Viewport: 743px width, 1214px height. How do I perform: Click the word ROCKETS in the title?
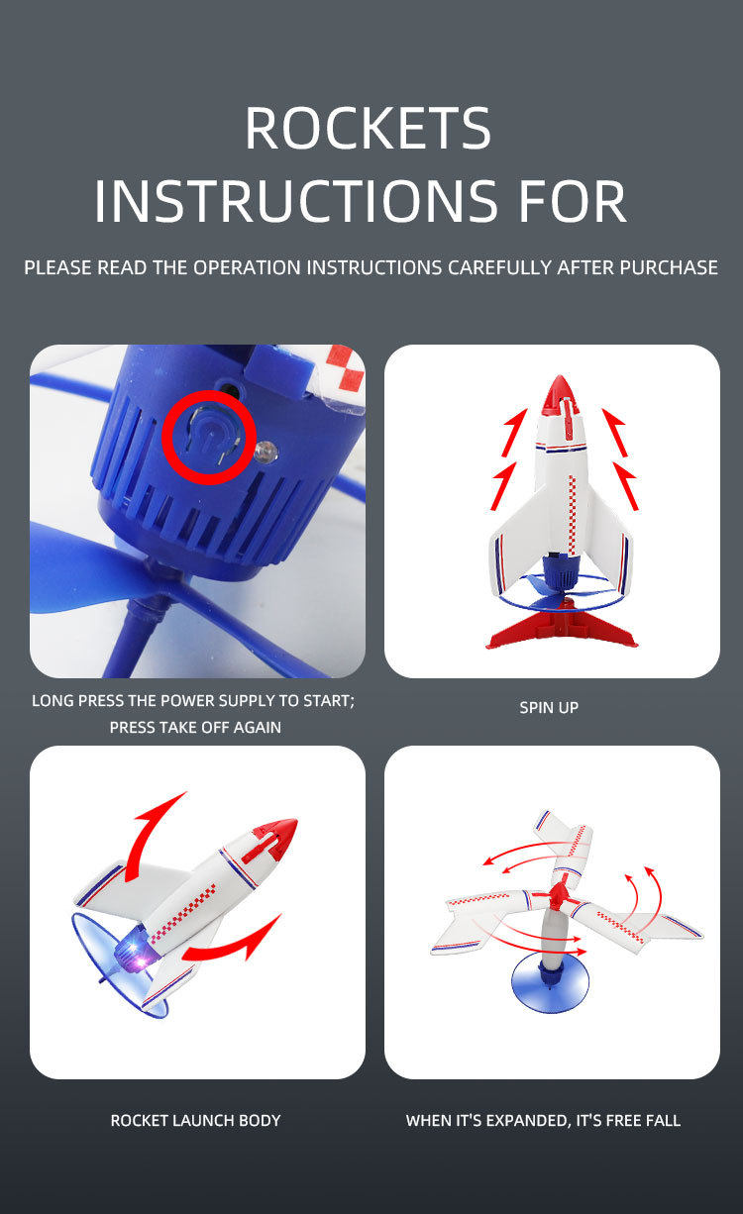pos(369,129)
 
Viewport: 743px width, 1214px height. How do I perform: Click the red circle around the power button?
pos(209,437)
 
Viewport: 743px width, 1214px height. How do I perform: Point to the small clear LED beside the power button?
pos(266,452)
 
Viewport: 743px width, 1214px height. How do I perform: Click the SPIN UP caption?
pos(549,708)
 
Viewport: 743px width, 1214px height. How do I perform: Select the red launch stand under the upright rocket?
pos(562,631)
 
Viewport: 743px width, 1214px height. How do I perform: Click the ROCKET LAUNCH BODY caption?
pos(195,1120)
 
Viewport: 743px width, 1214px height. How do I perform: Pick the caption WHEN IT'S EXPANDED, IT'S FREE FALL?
pos(543,1120)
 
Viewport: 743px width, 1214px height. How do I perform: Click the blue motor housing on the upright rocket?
pos(558,570)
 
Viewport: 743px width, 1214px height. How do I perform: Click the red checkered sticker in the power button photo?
pos(346,370)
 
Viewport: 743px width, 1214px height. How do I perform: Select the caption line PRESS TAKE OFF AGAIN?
pos(195,728)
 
